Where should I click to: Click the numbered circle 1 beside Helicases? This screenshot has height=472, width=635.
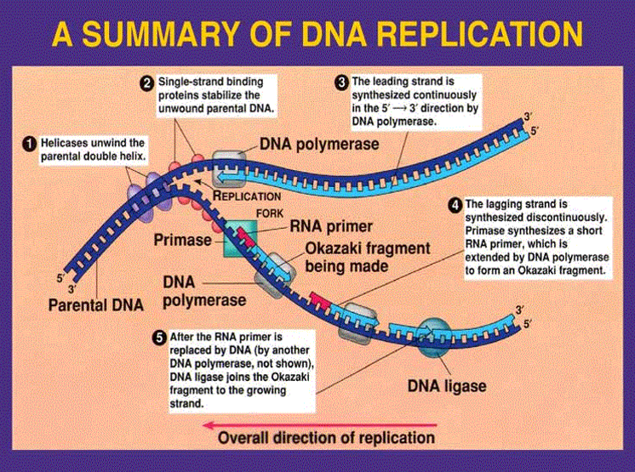pyautogui.click(x=29, y=145)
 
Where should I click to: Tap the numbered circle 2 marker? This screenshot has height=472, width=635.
pyautogui.click(x=147, y=82)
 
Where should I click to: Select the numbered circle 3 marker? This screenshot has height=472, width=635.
pyautogui.click(x=341, y=82)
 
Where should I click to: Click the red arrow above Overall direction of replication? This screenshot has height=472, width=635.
pyautogui.click(x=323, y=421)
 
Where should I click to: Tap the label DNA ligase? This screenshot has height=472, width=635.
pyautogui.click(x=446, y=385)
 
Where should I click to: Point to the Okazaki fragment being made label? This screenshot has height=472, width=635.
pyautogui.click(x=369, y=258)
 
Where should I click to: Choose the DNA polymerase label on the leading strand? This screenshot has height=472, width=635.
pyautogui.click(x=319, y=145)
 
